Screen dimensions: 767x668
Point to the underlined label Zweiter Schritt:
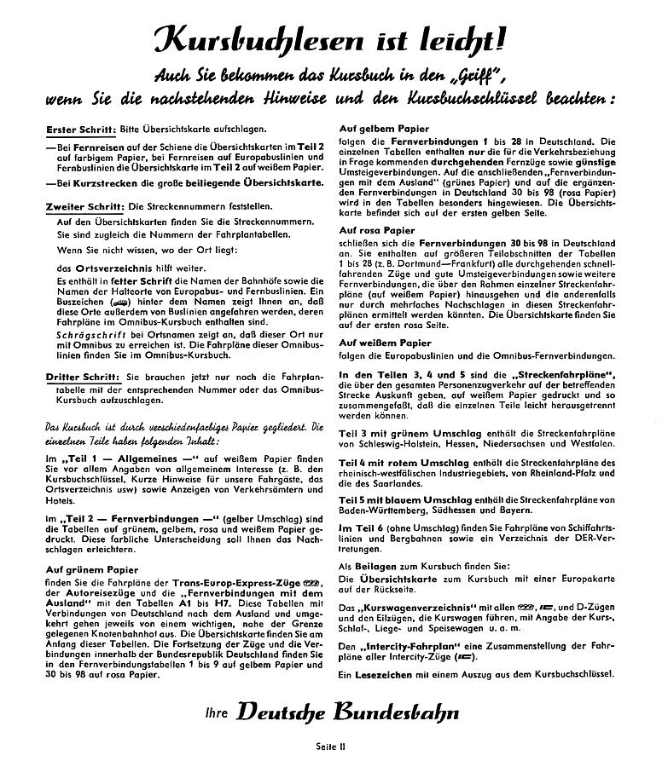pyautogui.click(x=84, y=206)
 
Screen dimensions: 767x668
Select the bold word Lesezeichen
pyautogui.click(x=384, y=674)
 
